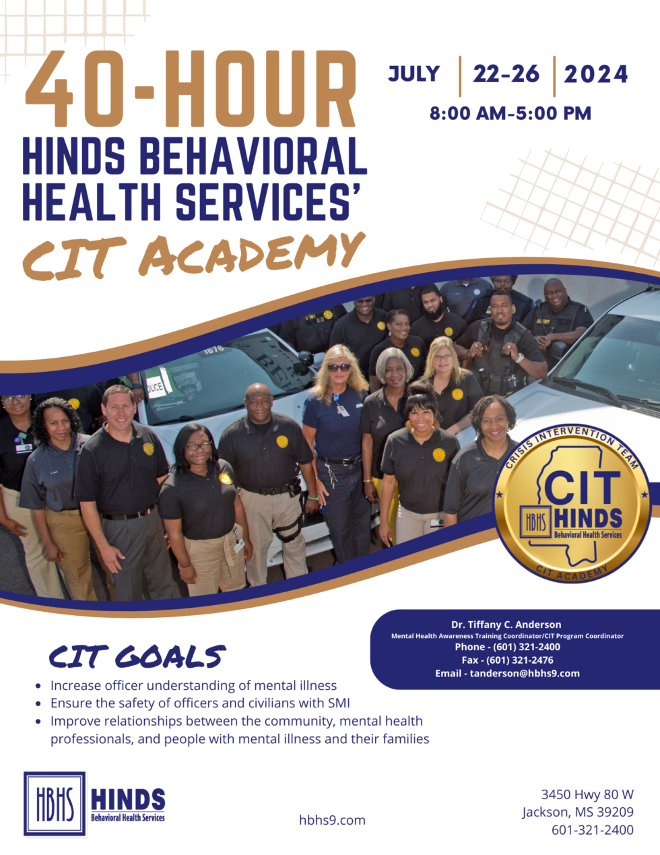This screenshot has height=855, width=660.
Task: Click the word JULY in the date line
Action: pyautogui.click(x=414, y=74)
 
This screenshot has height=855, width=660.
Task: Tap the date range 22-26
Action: pyautogui.click(x=506, y=74)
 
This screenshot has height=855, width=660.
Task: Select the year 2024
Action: pyautogui.click(x=596, y=74)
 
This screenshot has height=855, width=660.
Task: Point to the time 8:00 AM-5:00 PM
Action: pyautogui.click(x=510, y=113)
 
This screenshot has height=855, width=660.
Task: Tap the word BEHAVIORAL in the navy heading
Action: pyautogui.click(x=253, y=156)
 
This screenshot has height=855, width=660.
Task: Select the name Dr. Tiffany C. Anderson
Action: pyautogui.click(x=506, y=625)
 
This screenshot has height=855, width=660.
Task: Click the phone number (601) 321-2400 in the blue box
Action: pyautogui.click(x=527, y=647)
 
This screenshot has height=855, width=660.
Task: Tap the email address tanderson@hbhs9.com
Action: pyautogui.click(x=525, y=673)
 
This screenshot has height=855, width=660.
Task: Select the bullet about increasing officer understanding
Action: pyautogui.click(x=193, y=686)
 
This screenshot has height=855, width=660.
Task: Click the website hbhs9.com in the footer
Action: pyautogui.click(x=332, y=820)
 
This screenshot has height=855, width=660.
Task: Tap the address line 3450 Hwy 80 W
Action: pyautogui.click(x=587, y=794)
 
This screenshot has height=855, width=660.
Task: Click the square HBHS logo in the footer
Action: pyautogui.click(x=55, y=804)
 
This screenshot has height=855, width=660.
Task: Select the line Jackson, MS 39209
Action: pyautogui.click(x=578, y=812)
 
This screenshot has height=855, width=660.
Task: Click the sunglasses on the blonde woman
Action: pyautogui.click(x=339, y=367)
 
